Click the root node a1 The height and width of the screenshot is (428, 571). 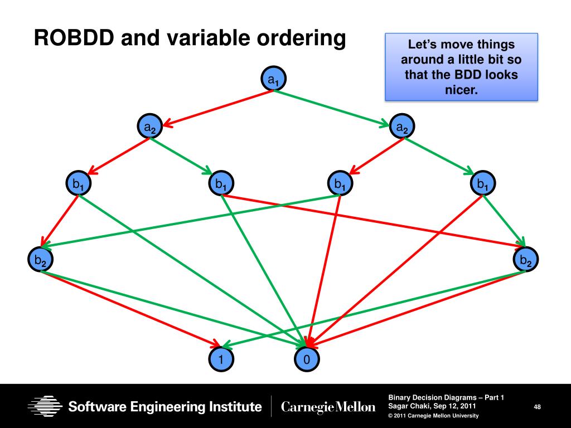[273, 80]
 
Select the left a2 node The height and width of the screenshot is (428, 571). [150, 128]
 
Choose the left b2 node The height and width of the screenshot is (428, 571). [40, 260]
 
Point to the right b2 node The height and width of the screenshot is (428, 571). [525, 260]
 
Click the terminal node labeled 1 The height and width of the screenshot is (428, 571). [221, 360]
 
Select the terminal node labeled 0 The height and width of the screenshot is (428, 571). [306, 360]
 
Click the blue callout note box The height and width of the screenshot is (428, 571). [461, 66]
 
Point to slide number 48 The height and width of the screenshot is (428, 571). [537, 408]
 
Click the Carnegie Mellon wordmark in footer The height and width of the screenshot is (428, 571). [328, 407]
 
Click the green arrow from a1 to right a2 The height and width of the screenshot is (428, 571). [335, 106]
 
